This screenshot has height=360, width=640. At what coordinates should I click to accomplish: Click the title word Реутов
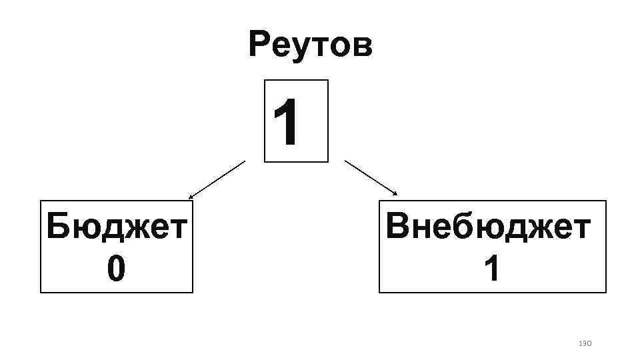pyautogui.click(x=310, y=45)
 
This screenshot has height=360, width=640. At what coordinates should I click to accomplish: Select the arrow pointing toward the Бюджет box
pyautogui.click(x=217, y=179)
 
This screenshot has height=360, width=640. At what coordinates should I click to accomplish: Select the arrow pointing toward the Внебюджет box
pyautogui.click(x=371, y=178)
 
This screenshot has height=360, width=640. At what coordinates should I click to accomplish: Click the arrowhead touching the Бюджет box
pyautogui.click(x=191, y=197)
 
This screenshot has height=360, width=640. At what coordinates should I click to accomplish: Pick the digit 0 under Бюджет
pyautogui.click(x=115, y=269)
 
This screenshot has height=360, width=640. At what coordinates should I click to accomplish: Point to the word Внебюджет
pyautogui.click(x=488, y=227)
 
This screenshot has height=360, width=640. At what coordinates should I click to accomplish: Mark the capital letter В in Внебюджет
pyautogui.click(x=399, y=227)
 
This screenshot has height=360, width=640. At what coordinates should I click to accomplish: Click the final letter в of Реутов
pyautogui.click(x=362, y=47)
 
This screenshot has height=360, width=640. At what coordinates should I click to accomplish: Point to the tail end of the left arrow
pyautogui.click(x=245, y=161)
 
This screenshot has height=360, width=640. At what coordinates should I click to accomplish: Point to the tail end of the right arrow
pyautogui.click(x=345, y=161)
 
